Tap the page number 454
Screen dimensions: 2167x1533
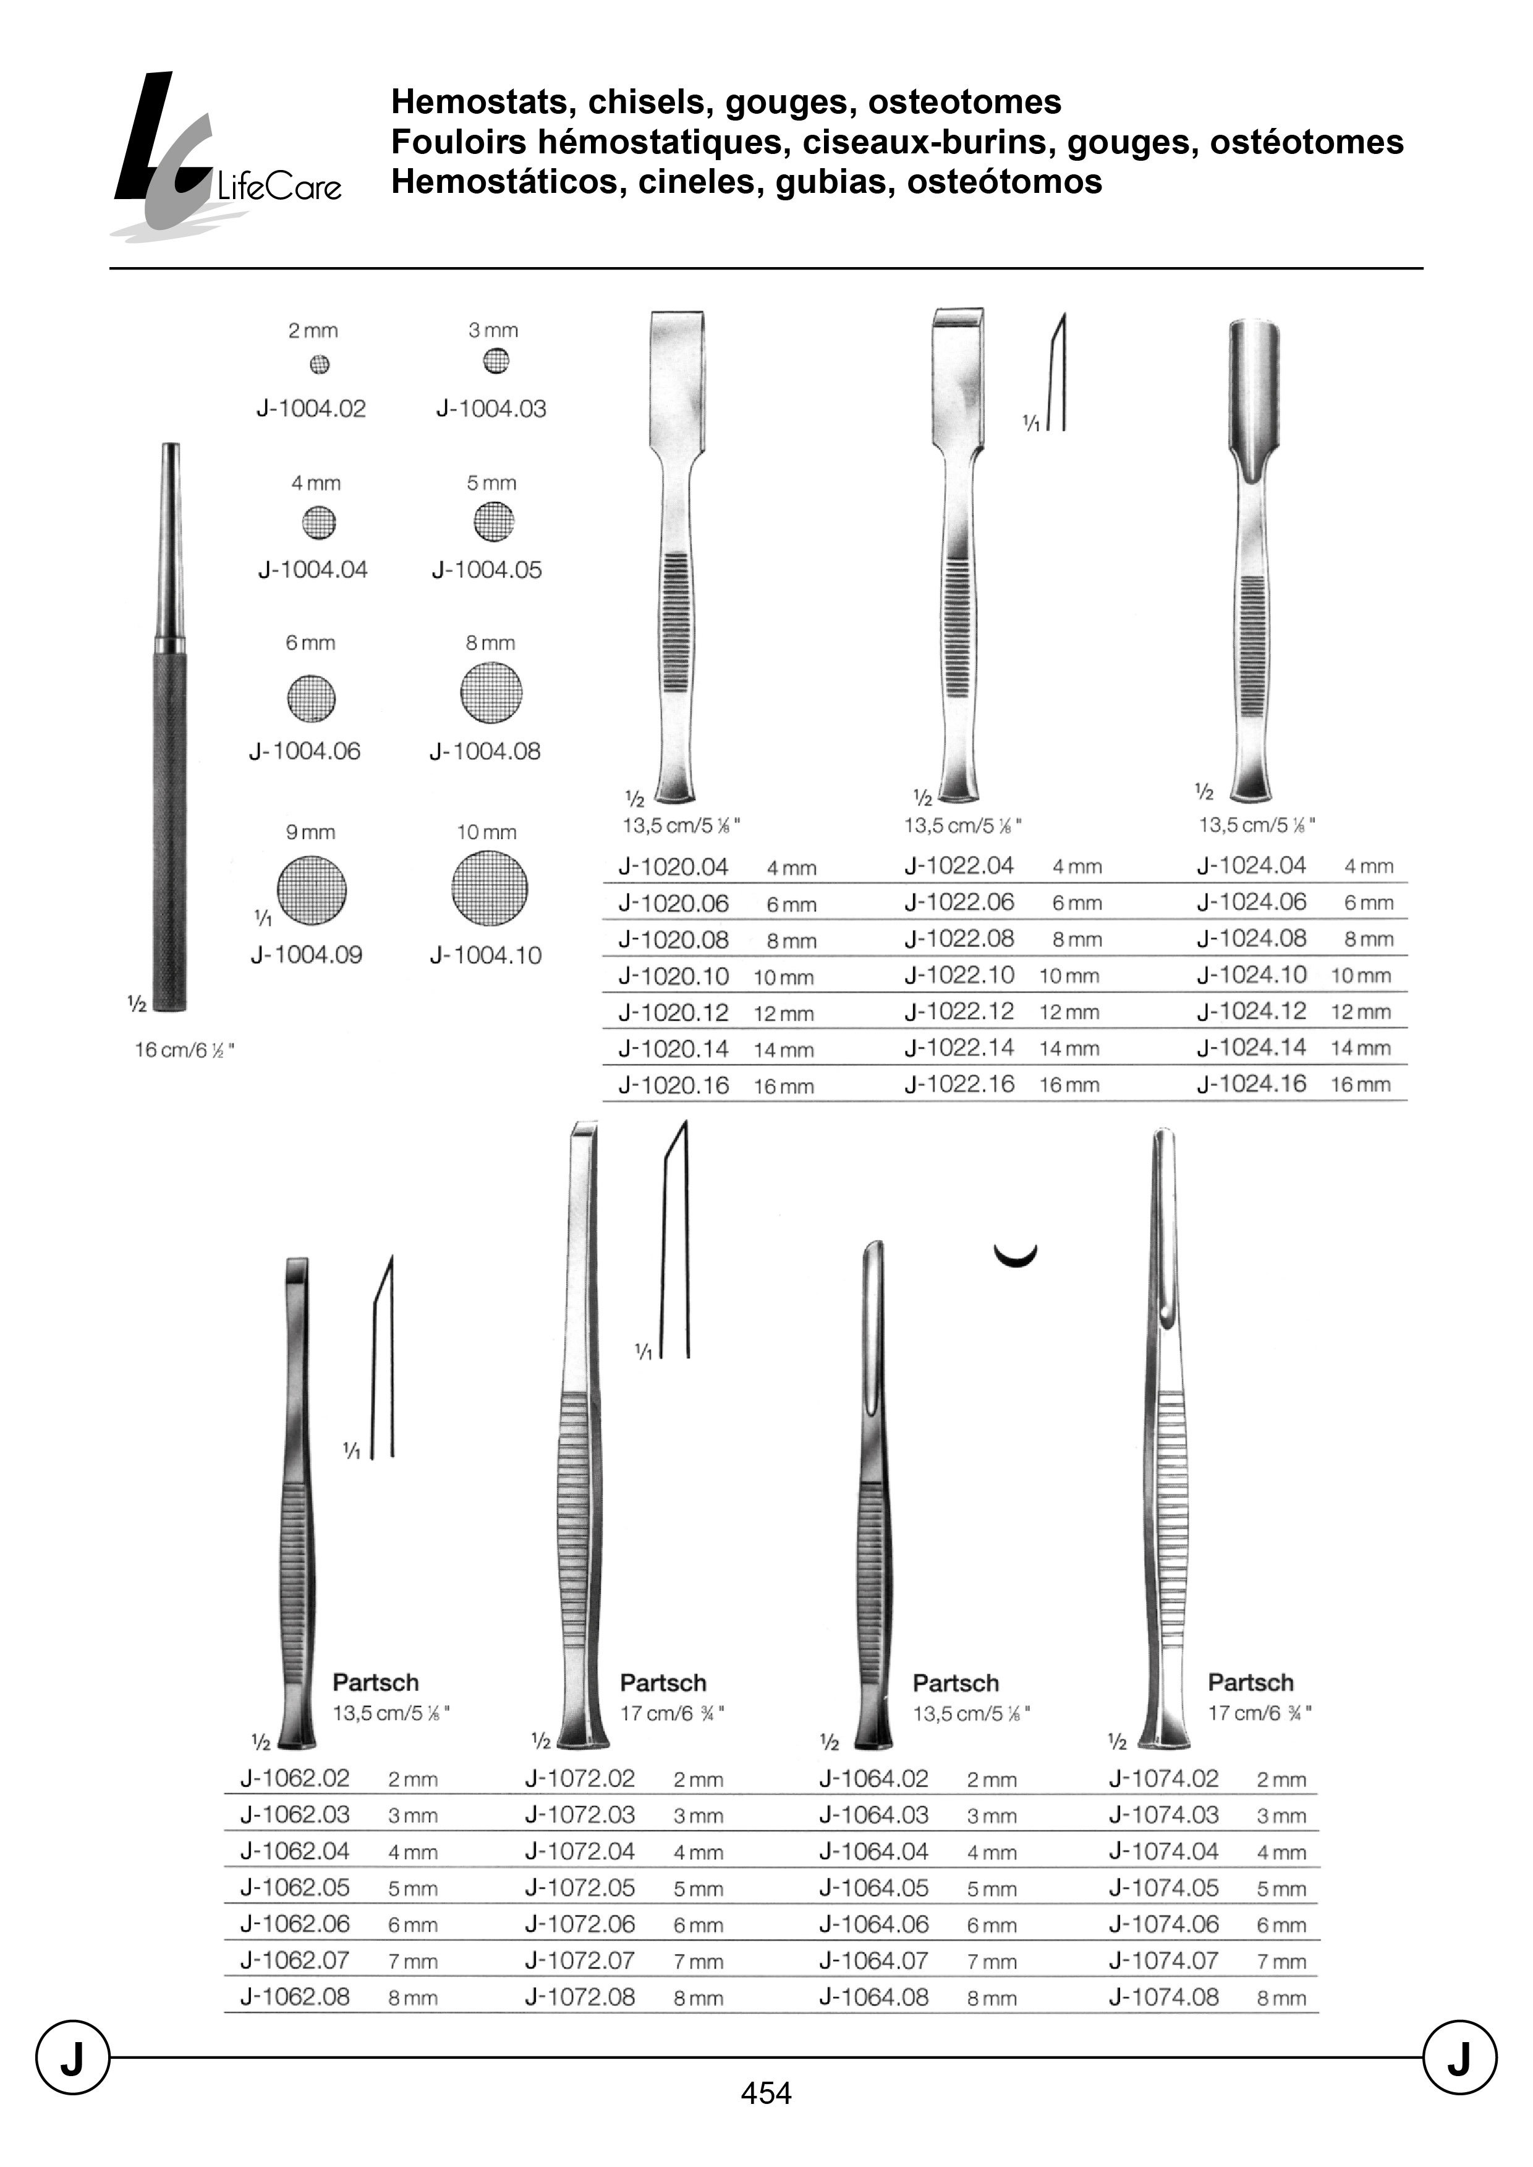point(765,2092)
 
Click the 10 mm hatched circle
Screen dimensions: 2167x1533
point(489,888)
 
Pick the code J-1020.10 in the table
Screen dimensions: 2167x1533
point(673,976)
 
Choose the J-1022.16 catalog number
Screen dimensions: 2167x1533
point(959,1084)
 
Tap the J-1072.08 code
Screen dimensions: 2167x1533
point(580,1996)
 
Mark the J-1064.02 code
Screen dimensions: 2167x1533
point(873,1778)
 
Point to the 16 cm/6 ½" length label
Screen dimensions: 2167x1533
point(184,1050)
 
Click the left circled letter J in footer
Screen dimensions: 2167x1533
point(73,2058)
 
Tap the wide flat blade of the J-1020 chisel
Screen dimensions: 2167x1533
point(676,378)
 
